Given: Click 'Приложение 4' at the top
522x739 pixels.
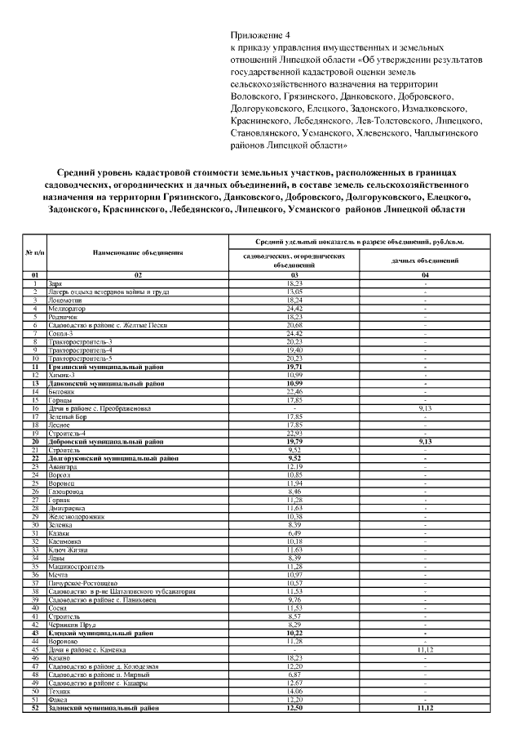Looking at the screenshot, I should tap(261, 36).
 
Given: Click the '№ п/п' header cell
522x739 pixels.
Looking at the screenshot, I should tap(36, 252).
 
